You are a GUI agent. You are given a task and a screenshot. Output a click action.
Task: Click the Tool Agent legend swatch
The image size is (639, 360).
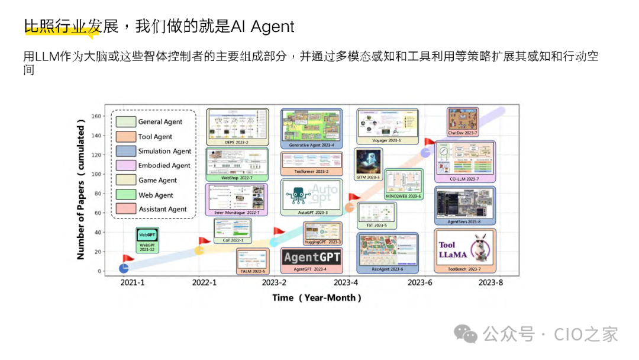coord(125,136)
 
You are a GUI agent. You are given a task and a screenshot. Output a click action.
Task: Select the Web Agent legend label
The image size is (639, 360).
coord(156,195)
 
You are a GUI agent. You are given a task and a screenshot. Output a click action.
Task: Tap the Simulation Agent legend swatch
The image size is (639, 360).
coord(125,151)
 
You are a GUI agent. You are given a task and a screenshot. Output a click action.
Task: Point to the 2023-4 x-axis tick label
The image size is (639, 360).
coord(346,282)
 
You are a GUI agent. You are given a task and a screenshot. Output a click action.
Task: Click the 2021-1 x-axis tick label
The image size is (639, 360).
coord(132,282)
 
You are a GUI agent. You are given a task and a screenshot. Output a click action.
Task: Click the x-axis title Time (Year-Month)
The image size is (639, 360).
coord(317,298)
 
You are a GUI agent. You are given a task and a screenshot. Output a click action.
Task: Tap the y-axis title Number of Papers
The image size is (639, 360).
coord(81,195)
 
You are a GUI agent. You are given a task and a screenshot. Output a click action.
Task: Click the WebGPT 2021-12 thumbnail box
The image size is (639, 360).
coord(147,240)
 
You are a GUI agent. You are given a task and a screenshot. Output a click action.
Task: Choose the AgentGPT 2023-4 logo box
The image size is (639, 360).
coord(312,260)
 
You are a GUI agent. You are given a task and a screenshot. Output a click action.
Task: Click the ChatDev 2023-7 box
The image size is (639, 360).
coord(463,122)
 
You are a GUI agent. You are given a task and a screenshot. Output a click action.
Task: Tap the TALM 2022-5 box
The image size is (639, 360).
coord(253,261)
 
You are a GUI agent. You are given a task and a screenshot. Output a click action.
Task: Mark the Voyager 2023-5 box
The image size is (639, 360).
coord(387,127)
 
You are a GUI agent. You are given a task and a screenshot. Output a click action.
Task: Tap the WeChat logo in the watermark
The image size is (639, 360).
coord(469,335)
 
